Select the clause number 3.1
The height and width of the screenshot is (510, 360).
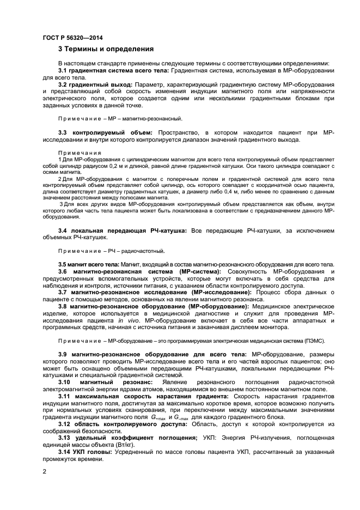(64, 71)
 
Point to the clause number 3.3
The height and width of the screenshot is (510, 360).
(64, 132)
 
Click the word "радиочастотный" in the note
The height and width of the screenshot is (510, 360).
(148, 251)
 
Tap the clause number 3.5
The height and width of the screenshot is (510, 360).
(63, 264)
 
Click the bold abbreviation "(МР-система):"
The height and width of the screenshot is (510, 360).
(196, 271)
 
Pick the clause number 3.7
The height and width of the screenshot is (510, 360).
(64, 292)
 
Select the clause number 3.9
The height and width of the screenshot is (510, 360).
(64, 354)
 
